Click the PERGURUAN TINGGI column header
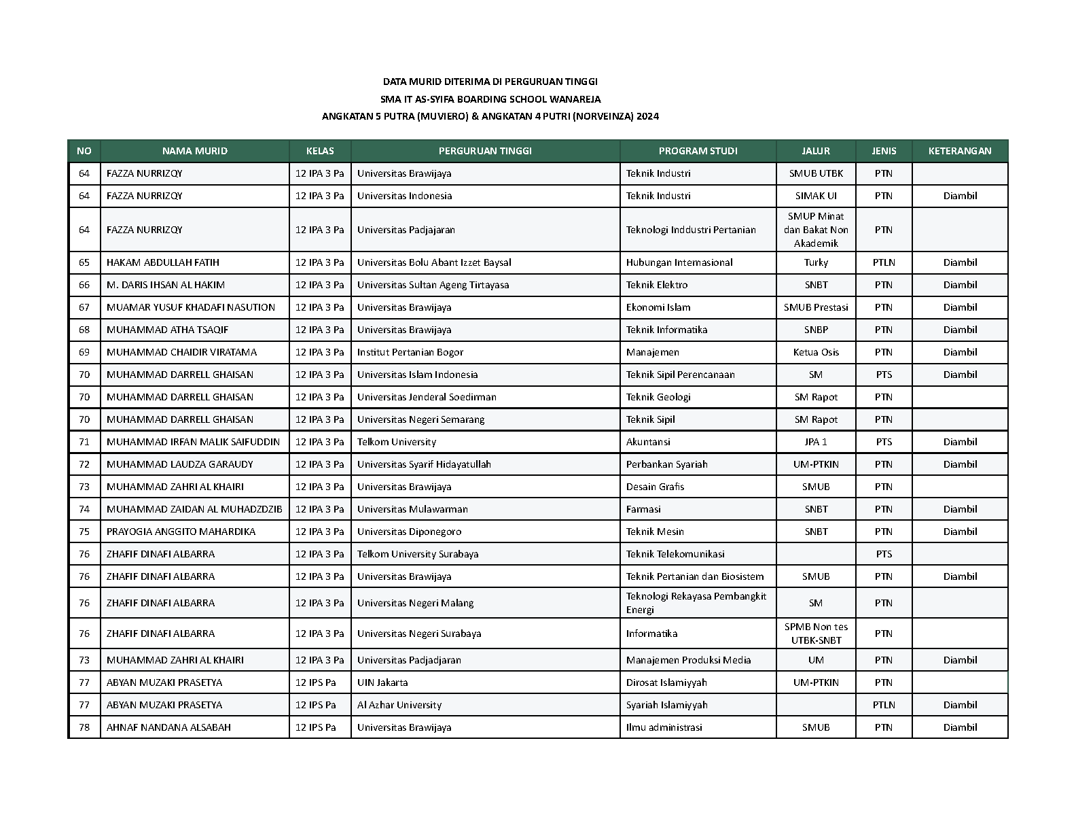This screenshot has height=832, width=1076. pyautogui.click(x=484, y=151)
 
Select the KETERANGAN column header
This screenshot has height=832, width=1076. pyautogui.click(x=959, y=151)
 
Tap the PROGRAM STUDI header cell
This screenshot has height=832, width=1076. pyautogui.click(x=698, y=151)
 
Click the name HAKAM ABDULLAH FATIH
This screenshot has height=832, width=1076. pyautogui.click(x=162, y=262)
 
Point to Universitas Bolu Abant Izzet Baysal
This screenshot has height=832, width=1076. pyautogui.click(x=434, y=262)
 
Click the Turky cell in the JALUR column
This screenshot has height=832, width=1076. pyautogui.click(x=816, y=262)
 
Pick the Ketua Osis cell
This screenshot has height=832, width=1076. pyautogui.click(x=816, y=352)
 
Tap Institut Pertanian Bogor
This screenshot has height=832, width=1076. pyautogui.click(x=410, y=352)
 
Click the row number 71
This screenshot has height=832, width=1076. pyautogui.click(x=84, y=442)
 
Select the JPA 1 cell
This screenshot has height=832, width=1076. pyautogui.click(x=816, y=442)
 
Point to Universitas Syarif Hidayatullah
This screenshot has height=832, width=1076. pyautogui.click(x=424, y=464)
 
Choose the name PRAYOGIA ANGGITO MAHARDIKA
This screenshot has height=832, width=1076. pyautogui.click(x=181, y=532)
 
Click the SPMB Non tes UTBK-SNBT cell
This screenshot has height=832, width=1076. pyautogui.click(x=816, y=634)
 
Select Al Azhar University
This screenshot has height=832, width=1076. pyautogui.click(x=399, y=705)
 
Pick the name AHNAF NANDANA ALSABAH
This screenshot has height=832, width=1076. pyautogui.click(x=168, y=727)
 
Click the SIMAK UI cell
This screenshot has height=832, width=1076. pyautogui.click(x=816, y=196)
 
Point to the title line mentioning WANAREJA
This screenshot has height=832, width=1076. pyautogui.click(x=490, y=99)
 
